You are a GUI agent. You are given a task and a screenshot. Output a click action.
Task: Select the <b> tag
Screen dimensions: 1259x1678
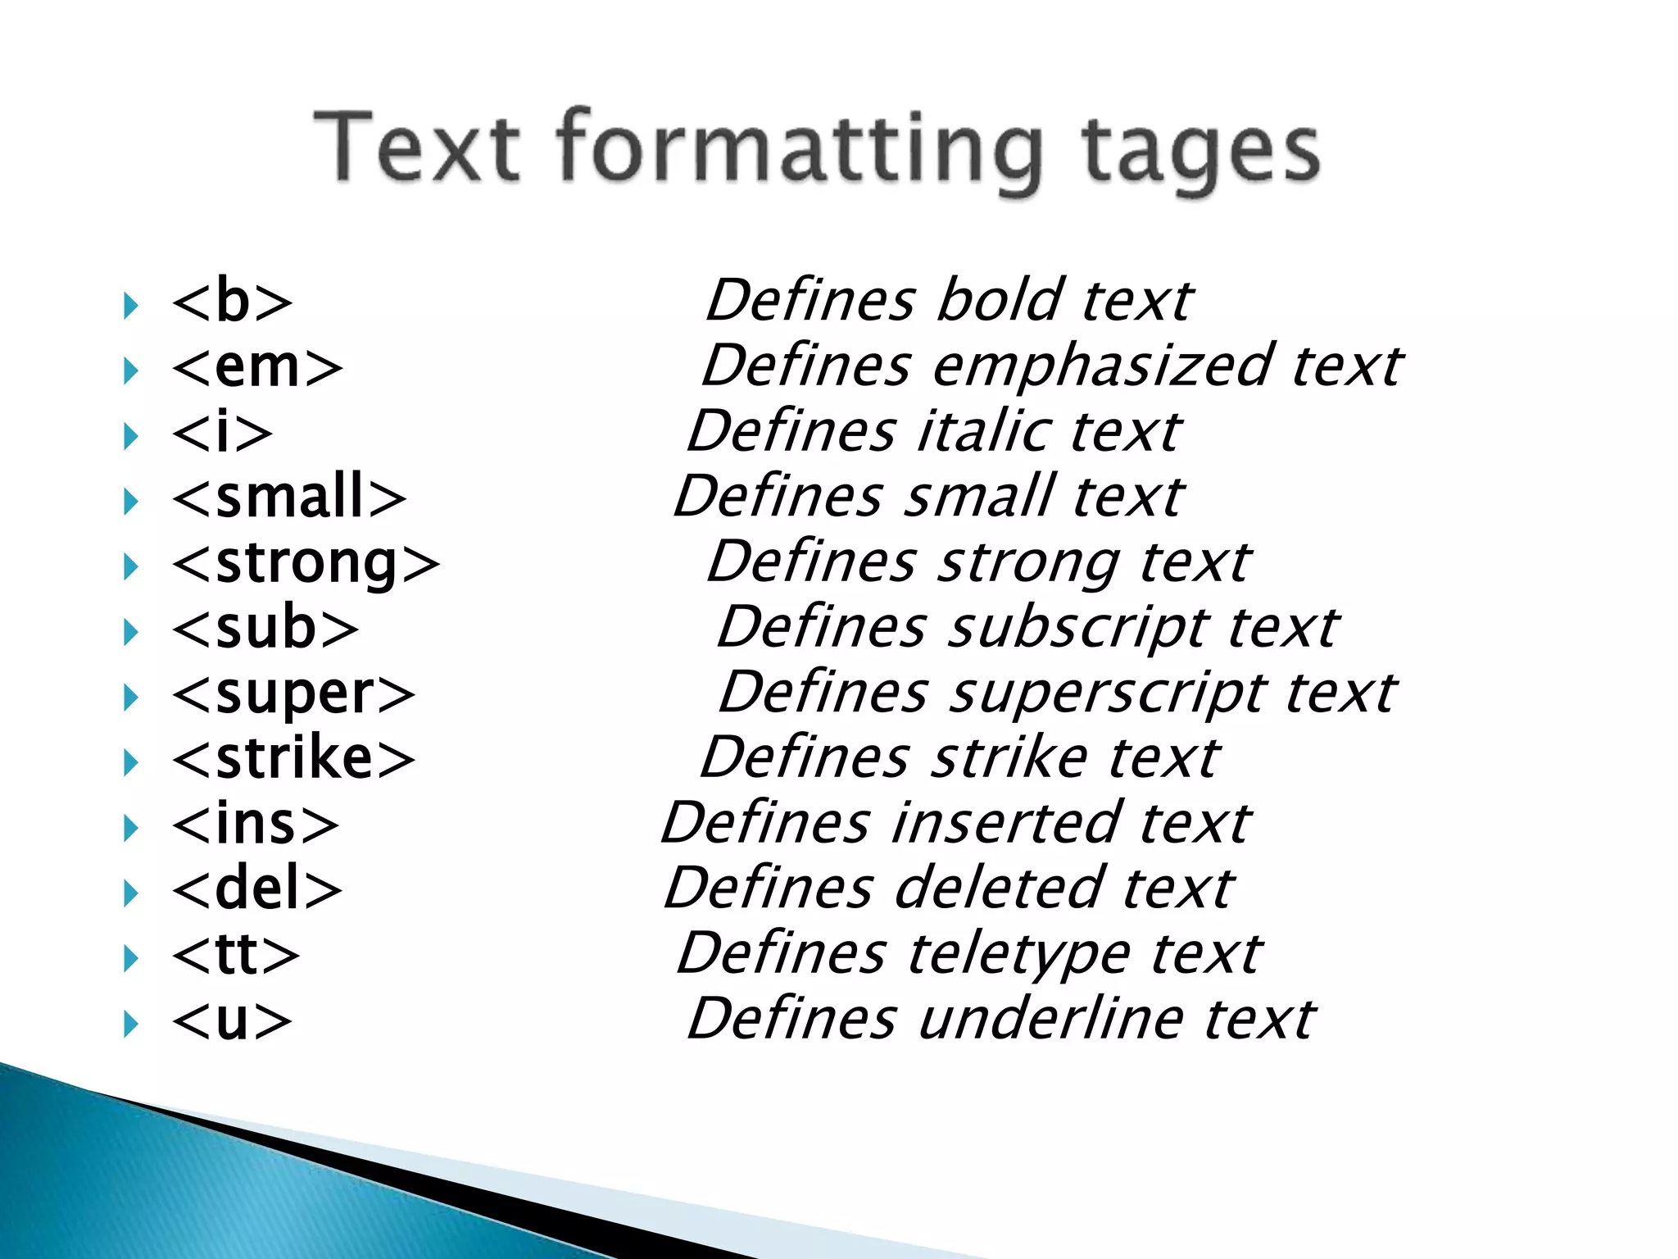(232, 302)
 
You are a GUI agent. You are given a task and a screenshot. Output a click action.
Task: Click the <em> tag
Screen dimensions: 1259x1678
(257, 367)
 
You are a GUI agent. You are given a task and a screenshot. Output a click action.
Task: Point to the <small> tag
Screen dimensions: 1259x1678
(289, 498)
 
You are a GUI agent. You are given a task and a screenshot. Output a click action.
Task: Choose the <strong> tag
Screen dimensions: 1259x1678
(306, 564)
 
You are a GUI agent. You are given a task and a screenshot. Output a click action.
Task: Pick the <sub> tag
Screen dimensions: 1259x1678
(265, 629)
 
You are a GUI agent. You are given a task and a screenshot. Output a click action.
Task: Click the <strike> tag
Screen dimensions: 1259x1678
(293, 759)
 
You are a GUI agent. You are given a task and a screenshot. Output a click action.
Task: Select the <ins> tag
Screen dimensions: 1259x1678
(256, 825)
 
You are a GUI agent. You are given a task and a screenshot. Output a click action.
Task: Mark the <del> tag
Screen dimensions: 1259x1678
(257, 889)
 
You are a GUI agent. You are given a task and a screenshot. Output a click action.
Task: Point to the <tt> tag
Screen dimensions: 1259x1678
(236, 955)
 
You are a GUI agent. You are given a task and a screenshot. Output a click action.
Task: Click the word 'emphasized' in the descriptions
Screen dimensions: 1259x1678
(1100, 366)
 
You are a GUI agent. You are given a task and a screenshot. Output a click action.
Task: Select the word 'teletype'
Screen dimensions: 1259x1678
(1018, 955)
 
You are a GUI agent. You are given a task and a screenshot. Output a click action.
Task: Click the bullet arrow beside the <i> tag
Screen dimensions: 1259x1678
(130, 436)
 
